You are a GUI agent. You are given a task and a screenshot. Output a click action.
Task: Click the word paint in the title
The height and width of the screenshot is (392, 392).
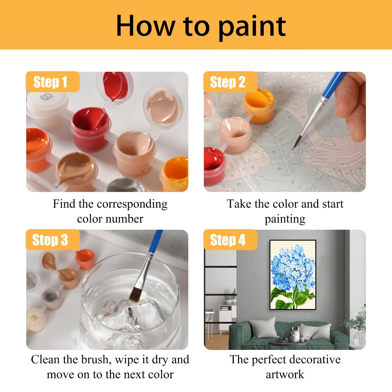point(252,27)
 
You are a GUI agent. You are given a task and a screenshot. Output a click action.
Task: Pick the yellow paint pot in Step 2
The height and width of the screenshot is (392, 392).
point(259,102)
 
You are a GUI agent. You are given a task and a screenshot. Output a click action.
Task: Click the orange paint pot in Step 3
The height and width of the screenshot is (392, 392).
point(85,259)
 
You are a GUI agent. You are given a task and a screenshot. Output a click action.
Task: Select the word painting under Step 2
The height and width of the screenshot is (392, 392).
point(285,220)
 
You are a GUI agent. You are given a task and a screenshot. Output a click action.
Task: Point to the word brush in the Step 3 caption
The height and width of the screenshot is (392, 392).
point(95,360)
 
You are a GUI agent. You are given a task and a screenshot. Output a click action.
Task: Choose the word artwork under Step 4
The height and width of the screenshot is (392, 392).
point(285,374)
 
